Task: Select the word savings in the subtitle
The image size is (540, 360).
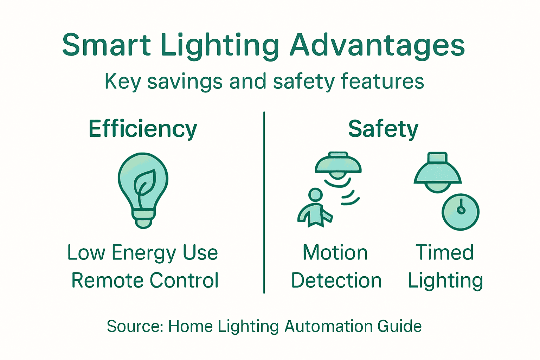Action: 185,82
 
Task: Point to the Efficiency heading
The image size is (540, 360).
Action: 143,129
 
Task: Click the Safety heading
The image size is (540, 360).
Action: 383,129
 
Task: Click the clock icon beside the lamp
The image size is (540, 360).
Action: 461,212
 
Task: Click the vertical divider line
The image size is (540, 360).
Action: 264,202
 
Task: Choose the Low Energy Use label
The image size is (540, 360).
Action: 143,253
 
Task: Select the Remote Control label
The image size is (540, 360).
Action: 145,281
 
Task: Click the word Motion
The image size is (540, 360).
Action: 335,253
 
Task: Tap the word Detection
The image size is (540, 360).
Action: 336,281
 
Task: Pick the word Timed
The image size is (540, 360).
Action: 445,253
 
